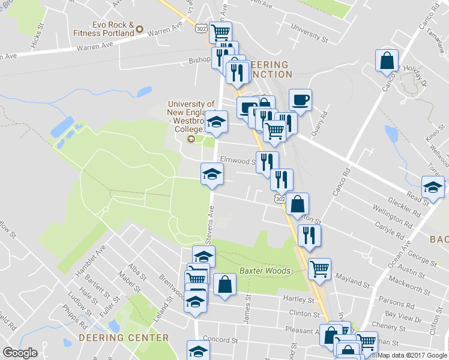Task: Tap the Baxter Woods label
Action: (265, 271)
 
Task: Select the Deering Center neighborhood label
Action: (124, 338)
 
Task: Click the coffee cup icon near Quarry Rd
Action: (300, 100)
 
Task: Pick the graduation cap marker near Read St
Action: (432, 187)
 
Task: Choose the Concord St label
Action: (220, 340)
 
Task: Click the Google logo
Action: (20, 353)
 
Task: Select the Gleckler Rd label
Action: (403, 205)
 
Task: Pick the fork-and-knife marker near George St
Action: (309, 235)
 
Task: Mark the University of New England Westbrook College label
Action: (191, 116)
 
